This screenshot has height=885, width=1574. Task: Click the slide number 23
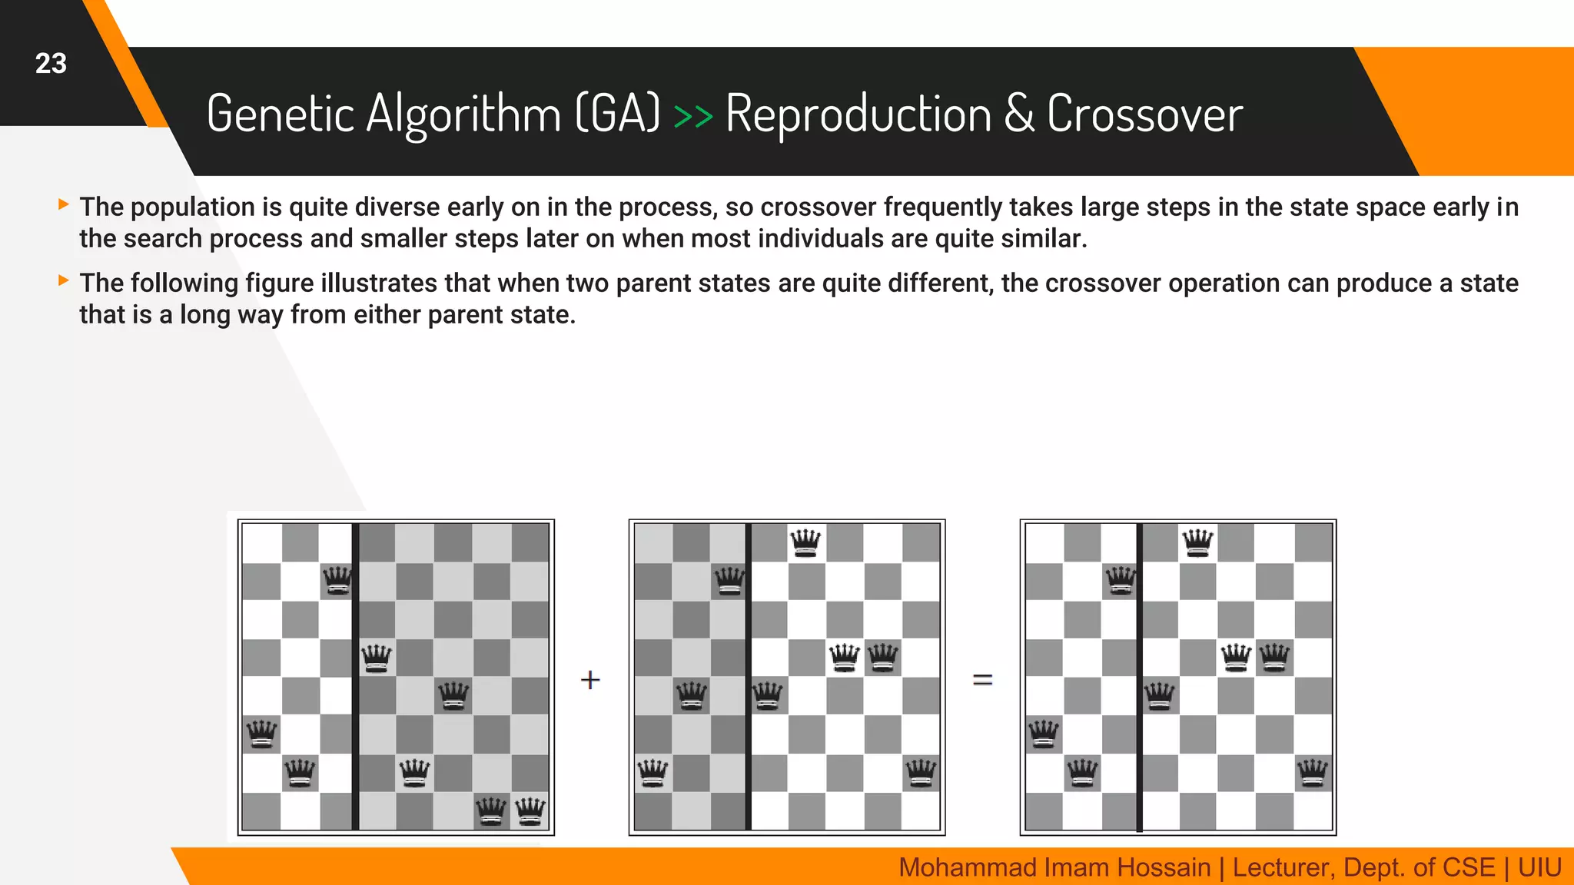tap(51, 64)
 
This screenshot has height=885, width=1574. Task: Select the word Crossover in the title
tap(1144, 114)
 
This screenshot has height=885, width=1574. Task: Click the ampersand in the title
tap(1019, 114)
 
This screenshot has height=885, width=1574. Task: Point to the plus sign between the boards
tap(590, 680)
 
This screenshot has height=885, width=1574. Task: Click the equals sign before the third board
tap(983, 680)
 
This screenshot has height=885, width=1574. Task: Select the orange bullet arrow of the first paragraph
tap(64, 204)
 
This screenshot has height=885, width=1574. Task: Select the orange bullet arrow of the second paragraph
tap(64, 280)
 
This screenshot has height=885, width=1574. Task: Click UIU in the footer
tap(1539, 867)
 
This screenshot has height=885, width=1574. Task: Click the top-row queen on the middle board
tap(805, 543)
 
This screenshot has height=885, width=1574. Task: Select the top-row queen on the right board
tap(1198, 543)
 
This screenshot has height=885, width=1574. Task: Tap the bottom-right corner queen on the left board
tap(530, 810)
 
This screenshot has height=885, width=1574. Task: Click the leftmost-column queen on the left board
tap(261, 734)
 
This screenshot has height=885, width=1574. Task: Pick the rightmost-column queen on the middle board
tap(921, 772)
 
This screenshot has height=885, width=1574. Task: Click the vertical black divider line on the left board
tap(355, 676)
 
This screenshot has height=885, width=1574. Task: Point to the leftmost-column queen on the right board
tap(1044, 734)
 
